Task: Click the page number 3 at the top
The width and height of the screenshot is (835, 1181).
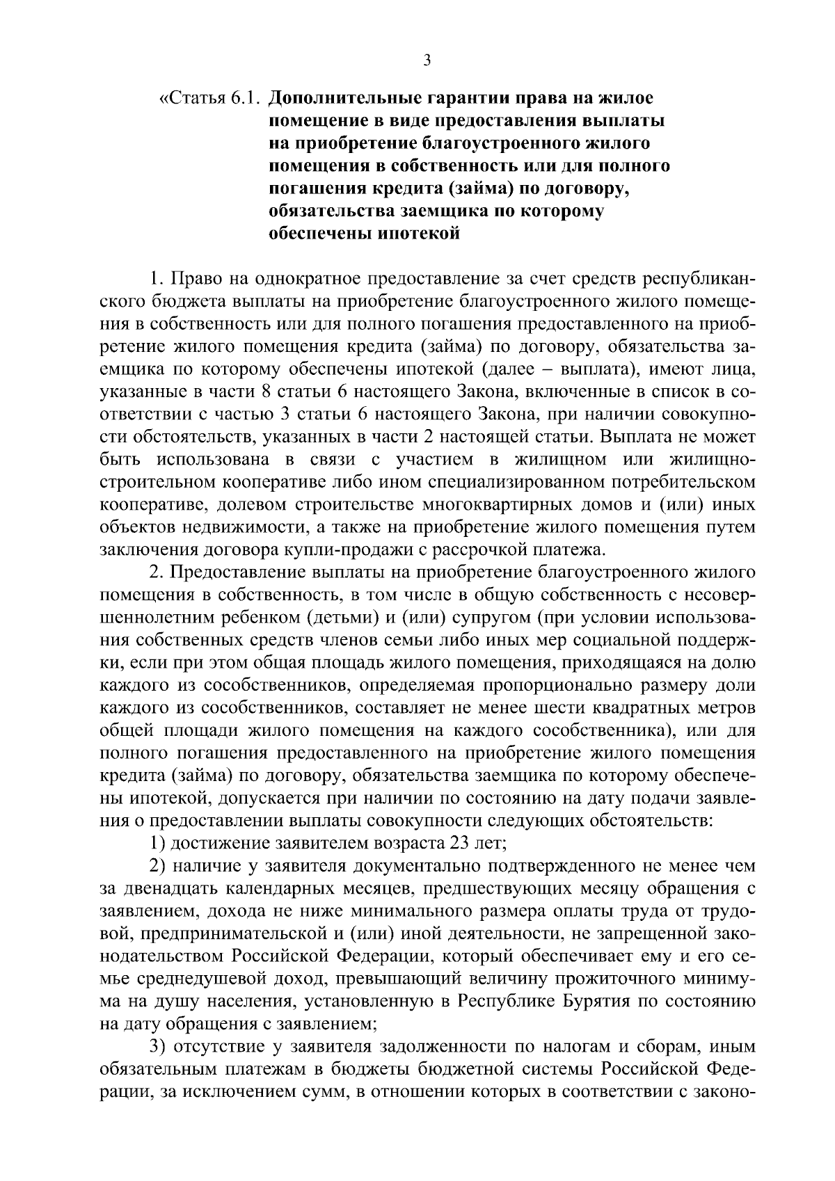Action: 427,61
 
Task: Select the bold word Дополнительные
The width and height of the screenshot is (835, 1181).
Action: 345,97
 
